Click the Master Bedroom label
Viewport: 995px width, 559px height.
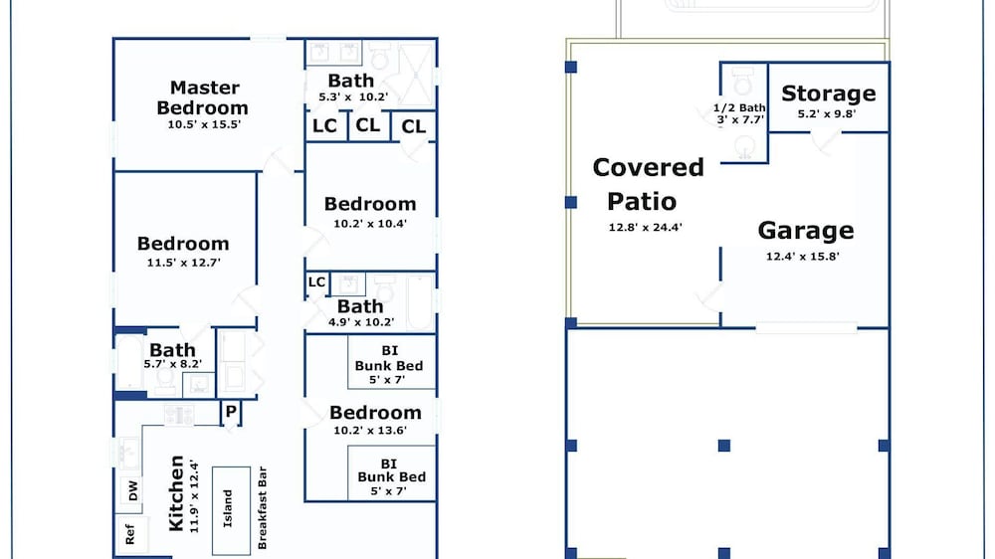pyautogui.click(x=202, y=97)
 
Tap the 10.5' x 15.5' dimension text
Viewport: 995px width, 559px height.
pyautogui.click(x=204, y=125)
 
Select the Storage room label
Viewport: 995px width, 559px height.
pyautogui.click(x=829, y=93)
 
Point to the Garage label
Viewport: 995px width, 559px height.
pyautogui.click(x=806, y=231)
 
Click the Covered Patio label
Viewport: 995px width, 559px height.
pyautogui.click(x=648, y=184)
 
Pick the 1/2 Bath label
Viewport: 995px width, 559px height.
pyautogui.click(x=739, y=107)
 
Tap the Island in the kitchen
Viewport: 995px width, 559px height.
pyautogui.click(x=231, y=510)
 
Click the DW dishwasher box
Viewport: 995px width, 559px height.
pyautogui.click(x=131, y=491)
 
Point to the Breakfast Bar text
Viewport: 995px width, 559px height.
pyautogui.click(x=262, y=508)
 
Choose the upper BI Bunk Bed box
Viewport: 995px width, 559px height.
pyautogui.click(x=391, y=362)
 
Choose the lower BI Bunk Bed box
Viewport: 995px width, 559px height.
pyautogui.click(x=391, y=472)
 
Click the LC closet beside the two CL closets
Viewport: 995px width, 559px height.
pyautogui.click(x=326, y=126)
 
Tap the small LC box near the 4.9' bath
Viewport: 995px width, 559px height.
pyautogui.click(x=316, y=282)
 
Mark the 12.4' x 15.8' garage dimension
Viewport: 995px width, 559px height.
pyautogui.click(x=803, y=257)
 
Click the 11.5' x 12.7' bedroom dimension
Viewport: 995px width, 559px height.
pyautogui.click(x=184, y=262)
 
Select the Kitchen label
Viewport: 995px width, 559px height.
pyautogui.click(x=176, y=493)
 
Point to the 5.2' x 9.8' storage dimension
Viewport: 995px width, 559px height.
pyautogui.click(x=827, y=114)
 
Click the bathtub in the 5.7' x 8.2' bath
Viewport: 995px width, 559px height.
pyautogui.click(x=130, y=362)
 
